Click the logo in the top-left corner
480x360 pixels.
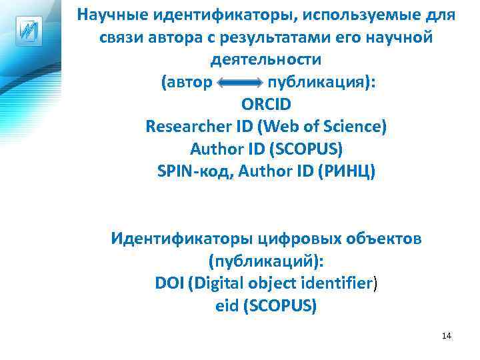click(x=28, y=31)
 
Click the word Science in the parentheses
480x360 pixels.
click(x=351, y=126)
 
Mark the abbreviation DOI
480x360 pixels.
click(x=169, y=283)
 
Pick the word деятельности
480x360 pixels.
click(x=266, y=59)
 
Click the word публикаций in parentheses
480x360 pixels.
click(x=265, y=260)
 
